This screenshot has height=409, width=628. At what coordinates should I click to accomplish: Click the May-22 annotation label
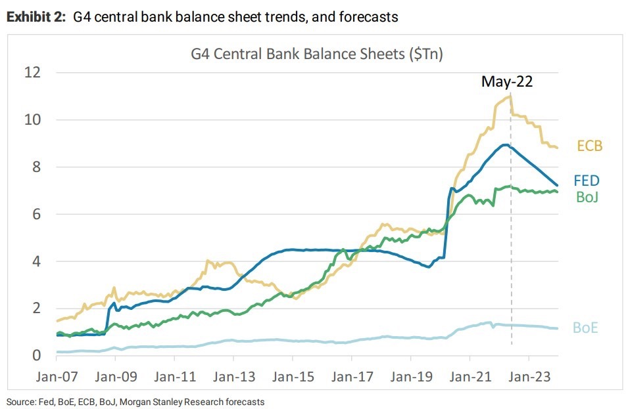[x=507, y=82]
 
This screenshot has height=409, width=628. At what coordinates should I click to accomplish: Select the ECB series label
[x=589, y=146]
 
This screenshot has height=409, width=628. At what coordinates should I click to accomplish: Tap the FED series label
[x=587, y=181]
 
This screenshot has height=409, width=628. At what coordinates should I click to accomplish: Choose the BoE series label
[x=585, y=326]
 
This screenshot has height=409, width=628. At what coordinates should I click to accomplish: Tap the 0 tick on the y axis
[x=36, y=355]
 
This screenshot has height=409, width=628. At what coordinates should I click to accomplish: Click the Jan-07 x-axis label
[x=57, y=378]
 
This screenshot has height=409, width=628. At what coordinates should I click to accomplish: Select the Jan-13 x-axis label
[x=233, y=378]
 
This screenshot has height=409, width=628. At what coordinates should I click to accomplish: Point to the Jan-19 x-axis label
[x=410, y=378]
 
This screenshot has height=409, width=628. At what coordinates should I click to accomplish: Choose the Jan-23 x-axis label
[x=529, y=378]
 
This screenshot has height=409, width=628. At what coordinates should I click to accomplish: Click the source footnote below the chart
[x=135, y=401]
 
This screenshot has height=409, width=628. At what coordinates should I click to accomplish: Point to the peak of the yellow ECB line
[x=510, y=97]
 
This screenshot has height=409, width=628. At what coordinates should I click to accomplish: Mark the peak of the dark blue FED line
[x=504, y=144]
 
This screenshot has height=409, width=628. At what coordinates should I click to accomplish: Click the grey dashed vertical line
[x=512, y=263]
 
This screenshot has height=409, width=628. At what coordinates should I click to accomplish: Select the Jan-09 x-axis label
[x=116, y=378]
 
